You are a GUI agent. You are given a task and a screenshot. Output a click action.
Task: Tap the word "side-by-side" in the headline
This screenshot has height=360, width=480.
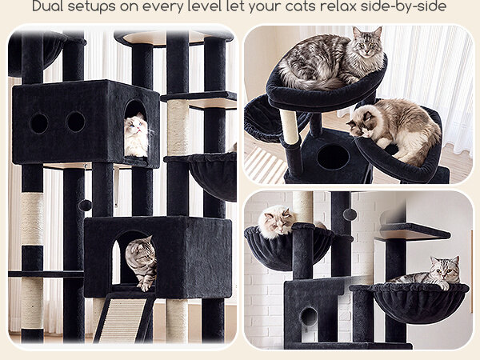click(403, 6)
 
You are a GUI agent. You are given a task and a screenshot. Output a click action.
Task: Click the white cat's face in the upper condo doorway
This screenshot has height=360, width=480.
click(136, 126)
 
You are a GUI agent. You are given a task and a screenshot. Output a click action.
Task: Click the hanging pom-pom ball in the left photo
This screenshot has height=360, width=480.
click(85, 205)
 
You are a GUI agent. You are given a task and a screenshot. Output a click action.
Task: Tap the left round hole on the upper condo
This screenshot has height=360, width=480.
click(39, 123)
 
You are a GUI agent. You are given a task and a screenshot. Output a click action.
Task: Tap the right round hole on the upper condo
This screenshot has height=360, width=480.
click(76, 122)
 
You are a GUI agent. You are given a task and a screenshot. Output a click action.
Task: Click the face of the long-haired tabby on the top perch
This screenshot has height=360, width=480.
click(366, 44)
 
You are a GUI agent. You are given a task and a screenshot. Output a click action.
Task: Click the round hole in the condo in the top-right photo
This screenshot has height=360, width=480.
click(333, 157)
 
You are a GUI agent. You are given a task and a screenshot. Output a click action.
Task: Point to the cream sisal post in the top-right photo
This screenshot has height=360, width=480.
click(289, 126)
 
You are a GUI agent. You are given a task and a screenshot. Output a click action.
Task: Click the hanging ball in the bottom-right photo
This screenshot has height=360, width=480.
click(350, 214)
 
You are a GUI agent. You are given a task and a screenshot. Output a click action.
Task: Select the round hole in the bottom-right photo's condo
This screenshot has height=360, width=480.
click(309, 316)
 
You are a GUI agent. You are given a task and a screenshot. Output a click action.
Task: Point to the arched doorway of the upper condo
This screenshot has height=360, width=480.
click(136, 129)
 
